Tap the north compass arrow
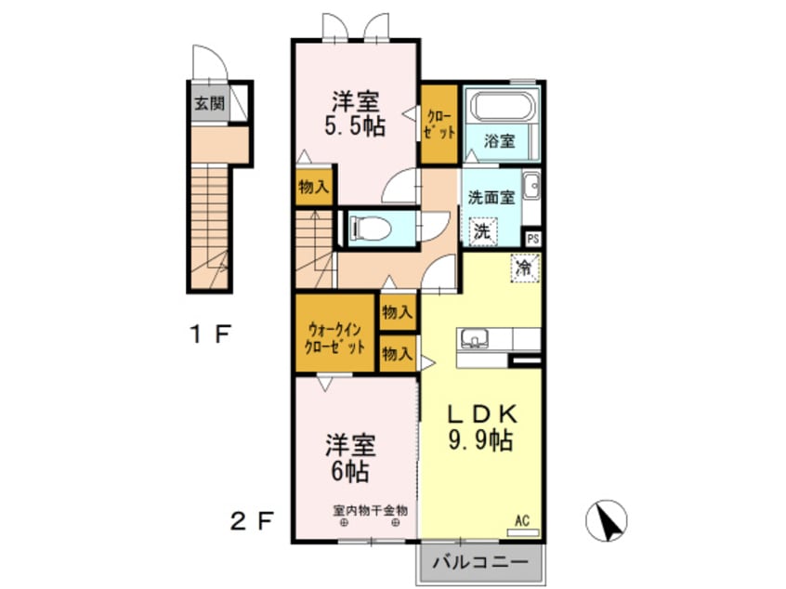coord(609,521)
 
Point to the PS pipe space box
coord(532,239)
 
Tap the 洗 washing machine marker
coord(482,231)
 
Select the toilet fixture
coord(373,226)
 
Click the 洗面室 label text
coord(491,197)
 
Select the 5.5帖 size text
coord(354,126)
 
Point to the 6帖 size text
coord(346,471)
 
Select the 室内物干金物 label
coord(371,510)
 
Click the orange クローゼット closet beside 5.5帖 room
coord(439,124)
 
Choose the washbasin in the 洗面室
coord(531,189)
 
